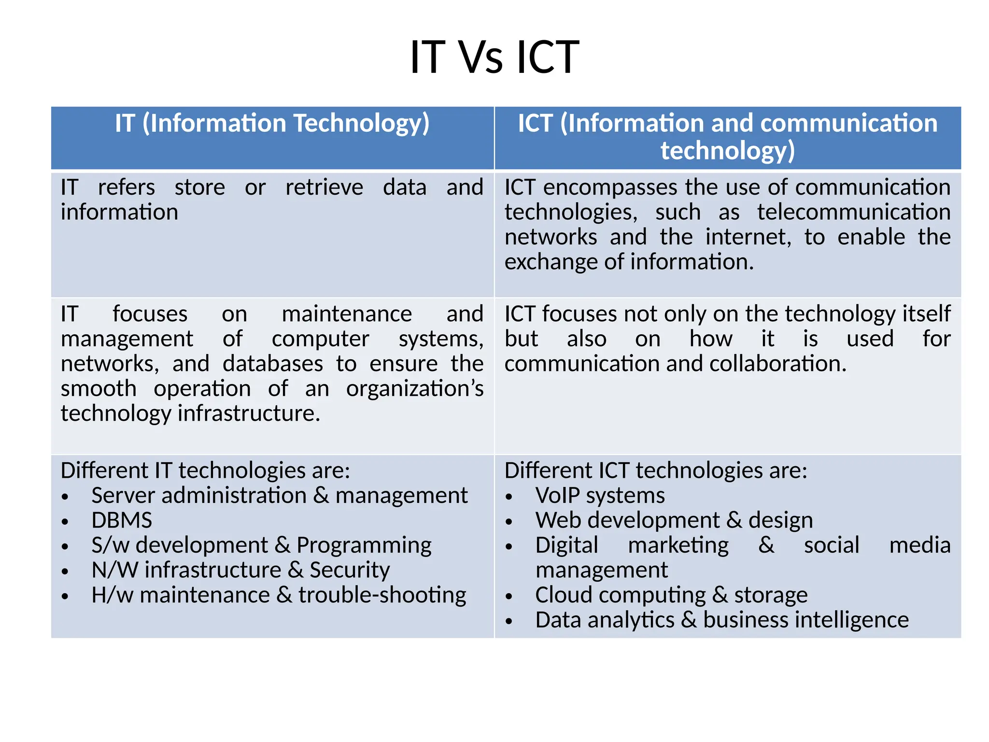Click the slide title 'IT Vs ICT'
(x=494, y=57)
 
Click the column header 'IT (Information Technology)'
(x=272, y=123)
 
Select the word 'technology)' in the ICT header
(x=727, y=151)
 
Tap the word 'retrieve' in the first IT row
(x=324, y=187)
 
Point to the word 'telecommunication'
(x=853, y=213)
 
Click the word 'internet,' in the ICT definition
(x=748, y=237)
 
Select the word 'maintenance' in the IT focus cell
(x=347, y=314)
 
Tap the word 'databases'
(x=273, y=364)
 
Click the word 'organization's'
(x=414, y=389)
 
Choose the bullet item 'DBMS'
(x=122, y=520)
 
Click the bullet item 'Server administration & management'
(x=279, y=496)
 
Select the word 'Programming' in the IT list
(x=364, y=545)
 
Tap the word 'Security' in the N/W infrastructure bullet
(x=350, y=570)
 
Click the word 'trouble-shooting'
(x=382, y=595)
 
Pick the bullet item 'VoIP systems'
(x=600, y=496)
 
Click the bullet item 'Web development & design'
(x=674, y=520)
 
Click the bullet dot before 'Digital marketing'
(x=509, y=547)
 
